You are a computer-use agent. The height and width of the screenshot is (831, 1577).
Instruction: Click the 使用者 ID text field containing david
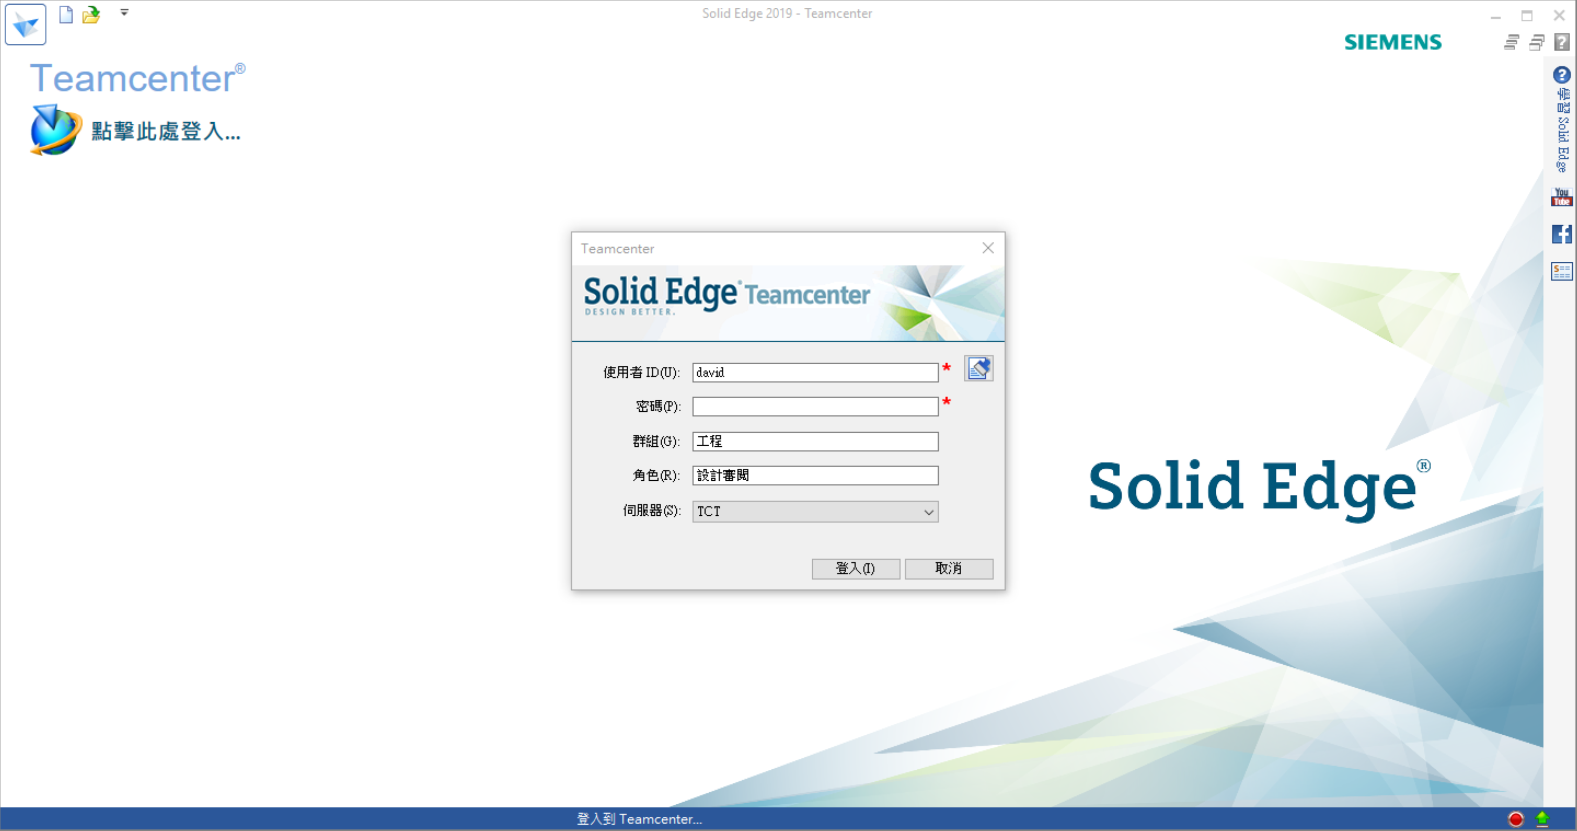(x=815, y=372)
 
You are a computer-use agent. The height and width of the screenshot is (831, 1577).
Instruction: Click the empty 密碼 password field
(x=815, y=406)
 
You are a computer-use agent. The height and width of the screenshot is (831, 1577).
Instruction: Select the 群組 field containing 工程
(x=815, y=441)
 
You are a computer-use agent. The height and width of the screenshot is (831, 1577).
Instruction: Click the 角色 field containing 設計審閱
(x=815, y=475)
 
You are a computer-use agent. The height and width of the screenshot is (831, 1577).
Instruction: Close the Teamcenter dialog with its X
(x=988, y=248)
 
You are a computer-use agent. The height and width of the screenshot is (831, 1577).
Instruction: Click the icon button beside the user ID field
(x=978, y=369)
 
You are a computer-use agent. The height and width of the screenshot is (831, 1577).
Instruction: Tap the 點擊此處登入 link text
(x=166, y=131)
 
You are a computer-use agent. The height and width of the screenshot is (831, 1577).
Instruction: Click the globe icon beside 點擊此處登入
(x=54, y=130)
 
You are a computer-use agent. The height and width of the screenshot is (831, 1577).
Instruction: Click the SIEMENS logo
(x=1393, y=42)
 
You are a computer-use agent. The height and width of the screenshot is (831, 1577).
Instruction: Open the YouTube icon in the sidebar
(x=1561, y=197)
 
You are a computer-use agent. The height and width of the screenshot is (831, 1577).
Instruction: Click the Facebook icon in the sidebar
(x=1561, y=234)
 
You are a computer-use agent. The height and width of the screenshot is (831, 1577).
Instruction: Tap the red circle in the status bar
(x=1516, y=819)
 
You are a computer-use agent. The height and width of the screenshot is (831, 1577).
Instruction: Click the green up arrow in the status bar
(x=1542, y=818)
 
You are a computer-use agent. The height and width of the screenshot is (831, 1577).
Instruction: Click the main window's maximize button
(x=1527, y=15)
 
